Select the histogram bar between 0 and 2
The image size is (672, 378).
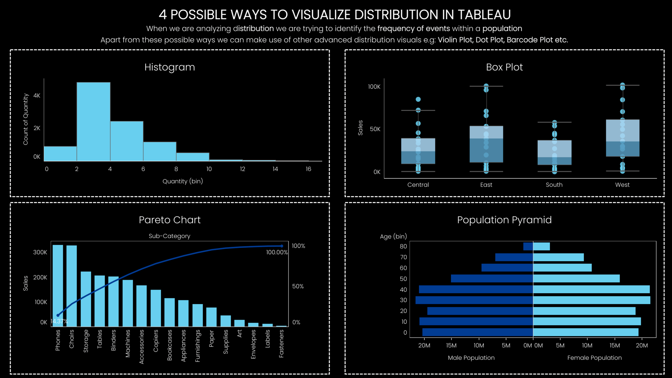click(x=60, y=154)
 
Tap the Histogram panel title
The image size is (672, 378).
click(x=170, y=67)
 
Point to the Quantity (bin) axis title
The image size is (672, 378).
click(x=182, y=181)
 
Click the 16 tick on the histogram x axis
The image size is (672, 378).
click(x=308, y=169)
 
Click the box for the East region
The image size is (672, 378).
click(x=486, y=144)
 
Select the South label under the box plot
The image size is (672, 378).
click(x=554, y=185)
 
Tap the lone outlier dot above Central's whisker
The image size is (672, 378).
click(x=418, y=99)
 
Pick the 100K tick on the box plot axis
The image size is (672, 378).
click(x=374, y=87)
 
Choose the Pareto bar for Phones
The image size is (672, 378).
click(x=58, y=286)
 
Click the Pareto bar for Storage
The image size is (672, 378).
click(x=86, y=299)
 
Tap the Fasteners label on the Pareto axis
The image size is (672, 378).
click(x=282, y=343)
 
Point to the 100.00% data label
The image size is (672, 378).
click(x=277, y=252)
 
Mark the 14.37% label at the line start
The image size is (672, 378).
click(x=59, y=322)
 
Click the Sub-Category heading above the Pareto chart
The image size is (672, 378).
click(x=169, y=236)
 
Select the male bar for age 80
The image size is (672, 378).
click(x=528, y=247)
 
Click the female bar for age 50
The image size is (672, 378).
click(x=576, y=278)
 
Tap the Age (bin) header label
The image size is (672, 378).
click(x=393, y=236)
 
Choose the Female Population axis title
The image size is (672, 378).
click(x=594, y=358)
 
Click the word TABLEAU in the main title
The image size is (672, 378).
click(x=484, y=15)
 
